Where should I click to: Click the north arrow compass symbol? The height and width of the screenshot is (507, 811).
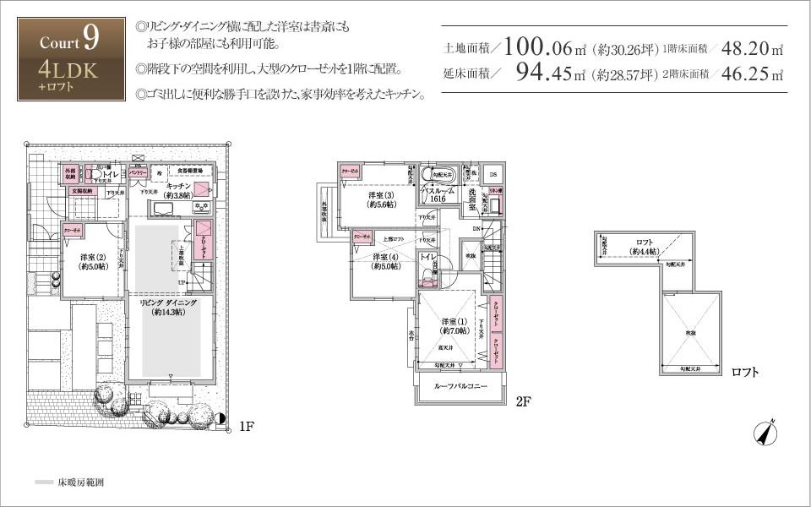coord(766,432)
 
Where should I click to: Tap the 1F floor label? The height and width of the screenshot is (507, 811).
coord(246,427)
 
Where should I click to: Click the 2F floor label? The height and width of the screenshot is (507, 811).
coord(523,401)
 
